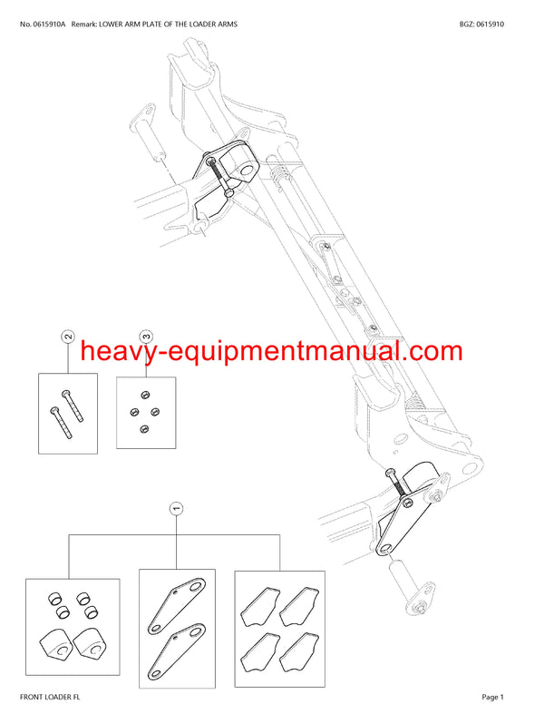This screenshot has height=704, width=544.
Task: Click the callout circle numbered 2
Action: [x=68, y=337]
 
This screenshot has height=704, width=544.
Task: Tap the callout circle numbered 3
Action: [x=145, y=337]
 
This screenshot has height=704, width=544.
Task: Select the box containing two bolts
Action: [x=68, y=413]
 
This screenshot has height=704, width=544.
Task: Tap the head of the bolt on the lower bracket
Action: [x=390, y=474]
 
